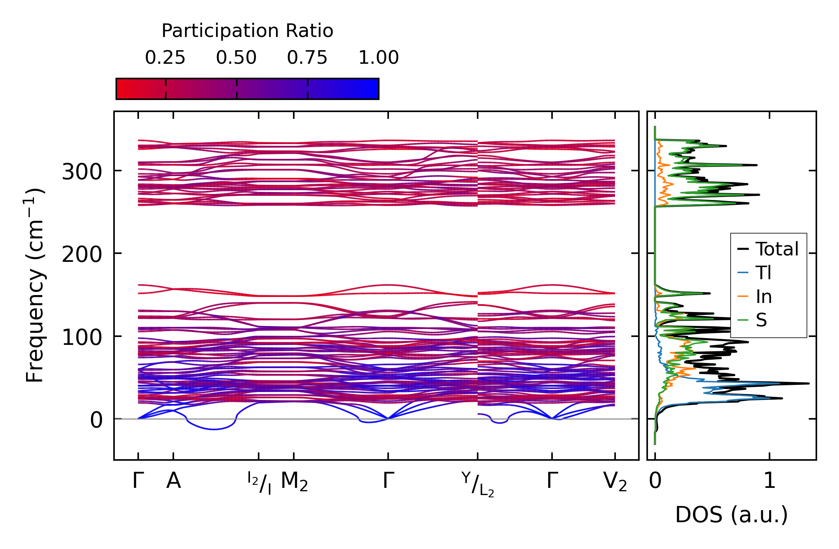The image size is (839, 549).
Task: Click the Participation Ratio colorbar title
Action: tap(247, 31)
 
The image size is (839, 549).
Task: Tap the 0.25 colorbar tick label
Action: tap(165, 58)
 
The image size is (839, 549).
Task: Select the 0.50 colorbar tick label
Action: tap(236, 58)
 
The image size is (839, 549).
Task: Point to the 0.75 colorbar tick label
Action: tap(307, 58)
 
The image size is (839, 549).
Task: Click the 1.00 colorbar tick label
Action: tap(378, 58)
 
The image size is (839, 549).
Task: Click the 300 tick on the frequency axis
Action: tap(82, 172)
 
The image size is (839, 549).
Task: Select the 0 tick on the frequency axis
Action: tap(96, 420)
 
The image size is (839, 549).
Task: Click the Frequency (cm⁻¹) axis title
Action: tap(35, 285)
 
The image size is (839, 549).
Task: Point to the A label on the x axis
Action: tap(174, 481)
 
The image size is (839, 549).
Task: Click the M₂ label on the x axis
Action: tap(294, 482)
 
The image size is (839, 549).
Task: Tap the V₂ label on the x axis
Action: tap(615, 482)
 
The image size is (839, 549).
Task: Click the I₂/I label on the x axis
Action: tap(259, 483)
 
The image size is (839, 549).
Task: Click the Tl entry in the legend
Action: tap(763, 273)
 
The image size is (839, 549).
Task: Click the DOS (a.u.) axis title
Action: tap(731, 515)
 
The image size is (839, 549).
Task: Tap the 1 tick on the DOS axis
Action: tap(770, 481)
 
